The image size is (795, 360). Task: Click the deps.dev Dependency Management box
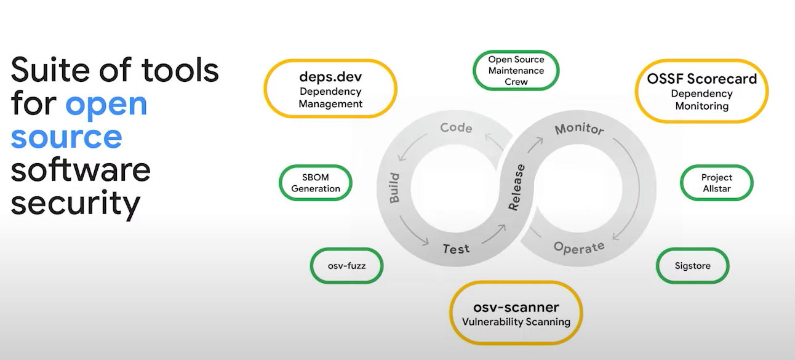click(330, 89)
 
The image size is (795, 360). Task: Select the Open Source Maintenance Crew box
click(516, 70)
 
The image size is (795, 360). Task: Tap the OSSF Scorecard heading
click(701, 79)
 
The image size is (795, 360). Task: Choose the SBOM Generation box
click(316, 183)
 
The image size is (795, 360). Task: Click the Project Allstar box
click(717, 183)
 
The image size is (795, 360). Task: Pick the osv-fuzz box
click(346, 266)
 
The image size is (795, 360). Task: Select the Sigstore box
click(692, 266)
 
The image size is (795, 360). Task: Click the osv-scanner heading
click(516, 307)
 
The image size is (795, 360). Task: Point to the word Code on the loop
click(456, 128)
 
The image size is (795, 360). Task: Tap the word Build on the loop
click(394, 188)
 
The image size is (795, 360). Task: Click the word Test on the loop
click(456, 249)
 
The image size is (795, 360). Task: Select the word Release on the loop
click(517, 188)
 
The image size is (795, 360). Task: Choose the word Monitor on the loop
click(579, 130)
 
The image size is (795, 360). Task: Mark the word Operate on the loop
click(579, 247)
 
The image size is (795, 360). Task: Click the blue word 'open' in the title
click(106, 104)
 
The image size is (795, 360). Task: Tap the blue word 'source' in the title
click(66, 137)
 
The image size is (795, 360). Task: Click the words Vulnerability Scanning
click(516, 322)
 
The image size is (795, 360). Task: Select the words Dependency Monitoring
click(701, 100)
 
